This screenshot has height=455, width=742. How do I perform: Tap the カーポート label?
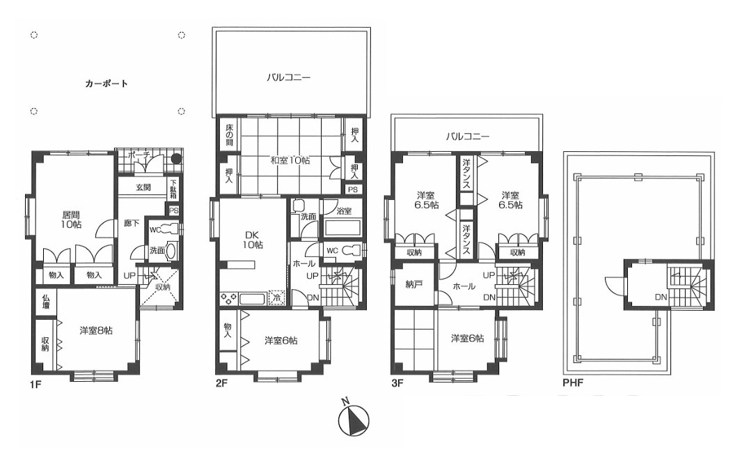click(x=106, y=84)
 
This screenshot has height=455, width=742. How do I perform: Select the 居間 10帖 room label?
click(x=70, y=219)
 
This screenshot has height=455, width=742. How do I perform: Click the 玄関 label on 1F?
click(x=143, y=187)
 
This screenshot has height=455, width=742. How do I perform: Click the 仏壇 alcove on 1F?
click(x=47, y=302)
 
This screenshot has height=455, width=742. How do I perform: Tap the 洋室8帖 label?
click(x=96, y=330)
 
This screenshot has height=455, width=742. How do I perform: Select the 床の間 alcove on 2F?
click(x=228, y=134)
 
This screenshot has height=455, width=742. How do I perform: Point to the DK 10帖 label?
click(x=253, y=240)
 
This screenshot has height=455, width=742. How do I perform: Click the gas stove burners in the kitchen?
click(x=229, y=299)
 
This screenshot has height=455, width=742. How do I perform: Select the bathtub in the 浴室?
click(x=343, y=229)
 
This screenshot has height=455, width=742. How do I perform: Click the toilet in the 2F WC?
click(x=351, y=250)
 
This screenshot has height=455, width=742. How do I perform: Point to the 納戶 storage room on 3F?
click(x=413, y=284)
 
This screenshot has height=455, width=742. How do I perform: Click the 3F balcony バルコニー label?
click(x=468, y=137)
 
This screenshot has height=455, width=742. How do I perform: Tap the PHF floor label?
click(x=573, y=382)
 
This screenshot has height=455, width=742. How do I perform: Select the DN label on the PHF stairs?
click(x=661, y=298)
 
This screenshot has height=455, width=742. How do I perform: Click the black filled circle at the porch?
click(x=176, y=158)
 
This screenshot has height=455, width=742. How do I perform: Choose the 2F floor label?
click(x=221, y=383)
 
